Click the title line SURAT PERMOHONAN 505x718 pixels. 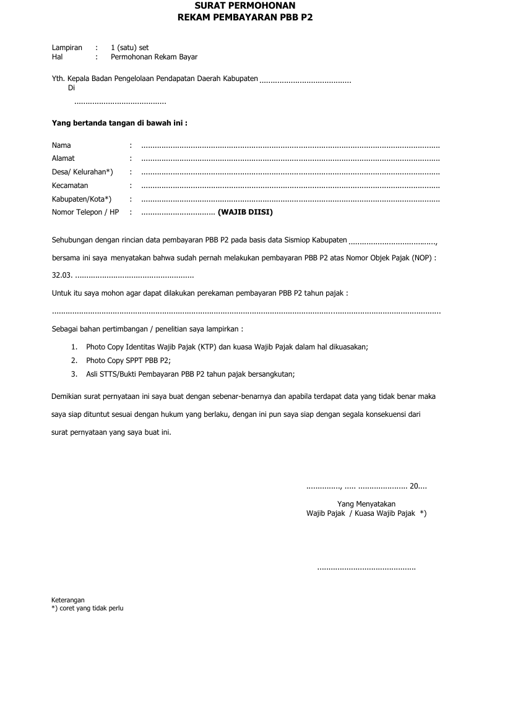(x=245, y=6)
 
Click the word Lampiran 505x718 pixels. (x=67, y=48)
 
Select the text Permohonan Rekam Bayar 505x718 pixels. (x=154, y=57)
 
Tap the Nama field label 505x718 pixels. (x=61, y=145)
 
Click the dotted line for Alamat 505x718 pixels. (x=290, y=159)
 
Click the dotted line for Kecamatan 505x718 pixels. (x=290, y=186)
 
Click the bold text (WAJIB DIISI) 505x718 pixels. (x=245, y=212)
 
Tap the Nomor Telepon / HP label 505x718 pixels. (x=85, y=212)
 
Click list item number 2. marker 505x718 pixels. (x=74, y=360)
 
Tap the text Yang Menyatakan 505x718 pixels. (x=366, y=503)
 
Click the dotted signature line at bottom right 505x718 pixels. (x=366, y=568)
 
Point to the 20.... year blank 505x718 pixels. (x=418, y=486)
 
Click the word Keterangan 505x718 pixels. (x=67, y=600)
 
